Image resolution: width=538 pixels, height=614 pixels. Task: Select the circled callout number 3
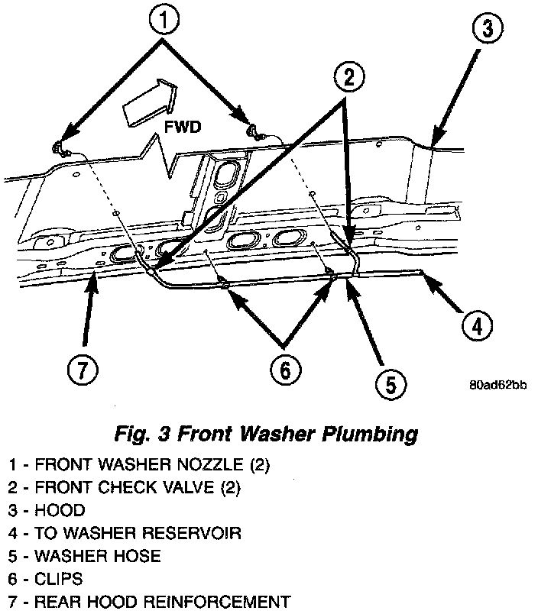tap(488, 31)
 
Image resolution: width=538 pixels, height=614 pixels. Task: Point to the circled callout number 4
tap(475, 326)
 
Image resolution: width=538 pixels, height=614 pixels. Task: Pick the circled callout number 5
tap(390, 384)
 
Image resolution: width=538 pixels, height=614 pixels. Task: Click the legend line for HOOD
tap(46, 509)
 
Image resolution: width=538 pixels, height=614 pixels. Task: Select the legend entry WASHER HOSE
tap(84, 555)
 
